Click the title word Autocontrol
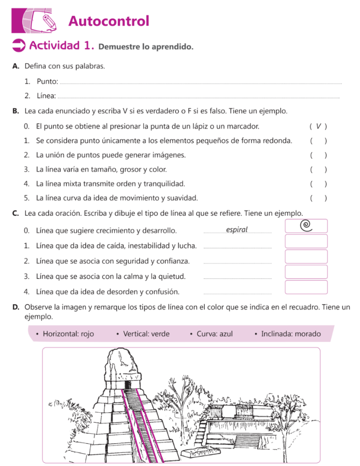(108, 21)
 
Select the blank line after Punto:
(200, 83)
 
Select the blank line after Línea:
(199, 97)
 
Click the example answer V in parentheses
(318, 126)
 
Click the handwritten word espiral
(237, 230)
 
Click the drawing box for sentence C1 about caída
(306, 241)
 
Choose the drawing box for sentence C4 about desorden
(306, 287)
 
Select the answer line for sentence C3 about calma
(237, 278)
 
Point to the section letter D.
(15, 307)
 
